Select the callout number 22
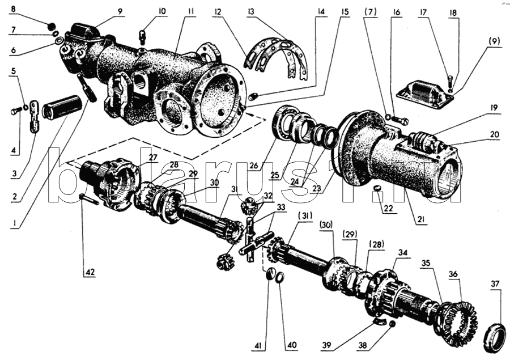[388, 208]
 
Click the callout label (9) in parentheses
[494, 41]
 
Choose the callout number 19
[494, 108]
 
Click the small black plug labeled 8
[50, 26]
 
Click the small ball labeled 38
[392, 324]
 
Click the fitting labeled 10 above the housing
[142, 37]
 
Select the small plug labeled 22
[377, 188]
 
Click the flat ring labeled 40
[279, 277]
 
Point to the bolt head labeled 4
[14, 112]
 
